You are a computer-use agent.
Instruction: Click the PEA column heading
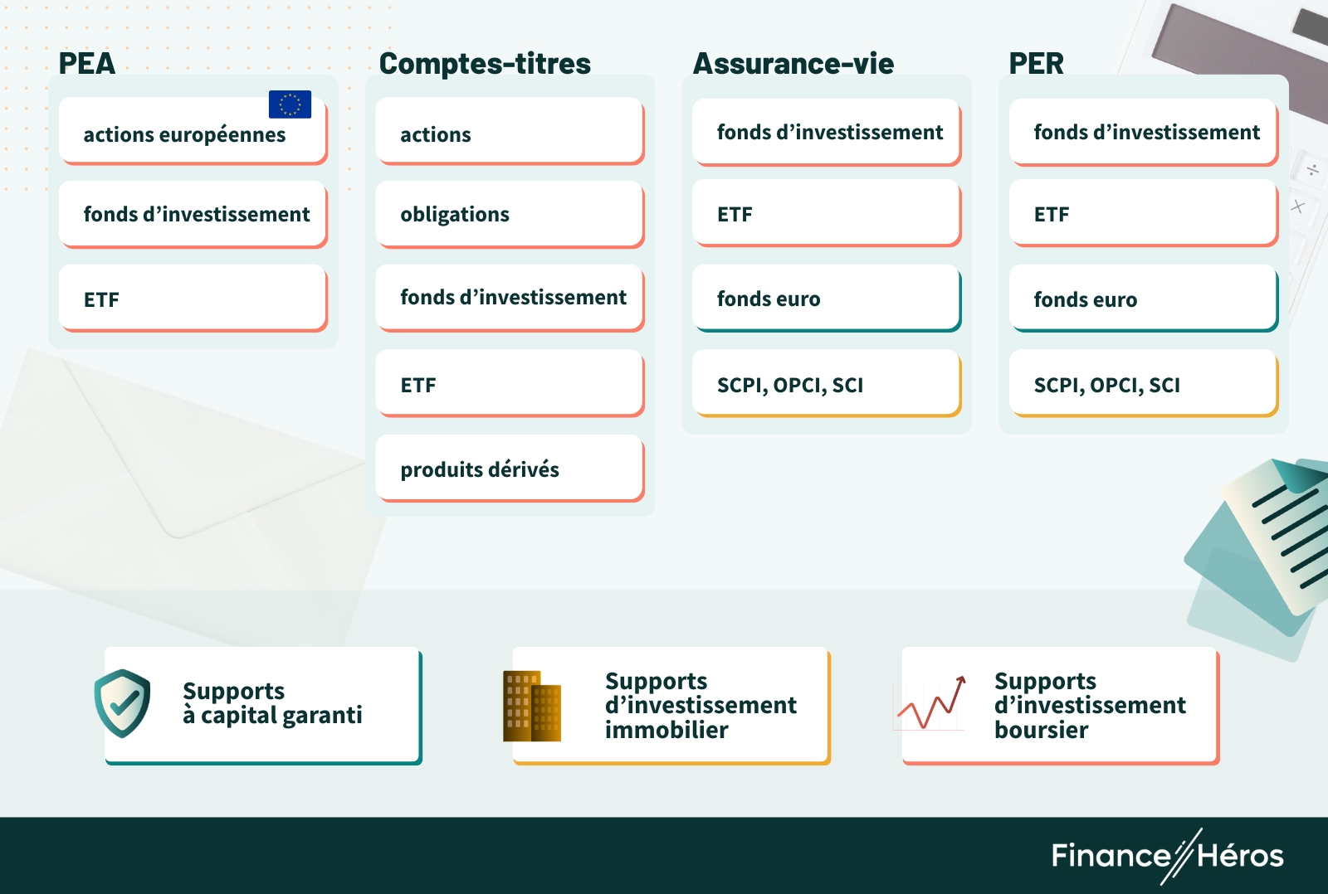click(x=86, y=63)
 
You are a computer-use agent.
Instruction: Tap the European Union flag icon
click(x=290, y=104)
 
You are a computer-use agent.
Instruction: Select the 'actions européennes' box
click(x=192, y=133)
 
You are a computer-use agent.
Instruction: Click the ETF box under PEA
click(x=192, y=299)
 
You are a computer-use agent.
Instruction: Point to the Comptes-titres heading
click(x=485, y=63)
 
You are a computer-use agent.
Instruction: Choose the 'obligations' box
click(x=509, y=214)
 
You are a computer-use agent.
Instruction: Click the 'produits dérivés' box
click(x=509, y=469)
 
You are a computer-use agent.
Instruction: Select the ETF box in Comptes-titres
click(x=509, y=384)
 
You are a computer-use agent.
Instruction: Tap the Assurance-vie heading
click(x=793, y=63)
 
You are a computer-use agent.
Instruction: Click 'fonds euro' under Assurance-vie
click(x=826, y=299)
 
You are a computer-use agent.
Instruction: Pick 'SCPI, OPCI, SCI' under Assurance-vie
click(x=826, y=384)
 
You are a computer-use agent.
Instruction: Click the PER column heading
click(x=1036, y=63)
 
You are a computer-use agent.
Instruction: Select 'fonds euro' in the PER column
click(x=1143, y=299)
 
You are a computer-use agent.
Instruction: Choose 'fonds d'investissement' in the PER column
click(x=1143, y=132)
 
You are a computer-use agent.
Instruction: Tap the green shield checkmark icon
click(x=123, y=703)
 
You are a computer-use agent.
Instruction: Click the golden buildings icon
click(x=532, y=706)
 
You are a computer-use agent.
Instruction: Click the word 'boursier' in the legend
click(x=1041, y=730)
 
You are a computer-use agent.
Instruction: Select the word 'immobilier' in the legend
click(x=666, y=730)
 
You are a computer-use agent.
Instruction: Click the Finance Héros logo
click(x=1167, y=855)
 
